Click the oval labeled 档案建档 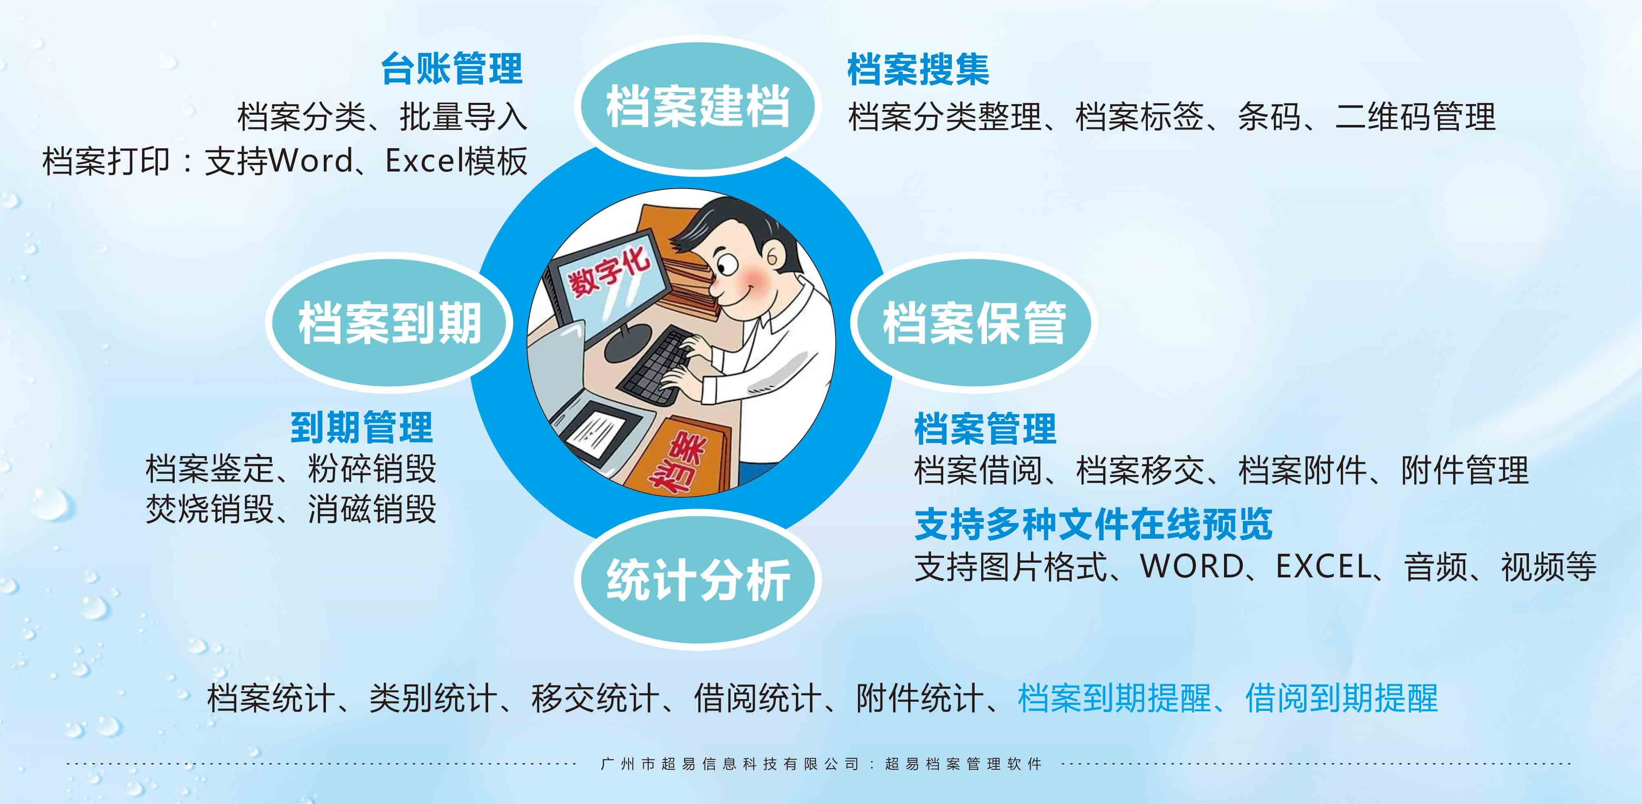coord(698,106)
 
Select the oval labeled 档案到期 coord(389,323)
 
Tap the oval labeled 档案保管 coord(973,323)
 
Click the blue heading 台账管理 coord(452,69)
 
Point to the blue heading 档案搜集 coord(918,69)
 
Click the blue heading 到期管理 coord(361,427)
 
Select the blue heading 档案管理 coord(985,428)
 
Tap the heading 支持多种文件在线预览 coord(1093,524)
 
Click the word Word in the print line coord(311,160)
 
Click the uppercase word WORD coord(1191,566)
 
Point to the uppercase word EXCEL coord(1324,566)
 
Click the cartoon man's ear coord(773,258)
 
